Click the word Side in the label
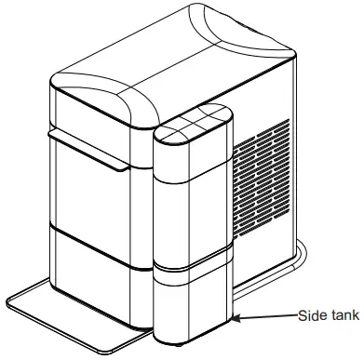pos(311,315)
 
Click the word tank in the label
pos(342,315)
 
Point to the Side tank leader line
pos(270,316)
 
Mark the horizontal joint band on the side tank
pos(191,263)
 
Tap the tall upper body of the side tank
pos(191,200)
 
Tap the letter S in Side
pos(301,315)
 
